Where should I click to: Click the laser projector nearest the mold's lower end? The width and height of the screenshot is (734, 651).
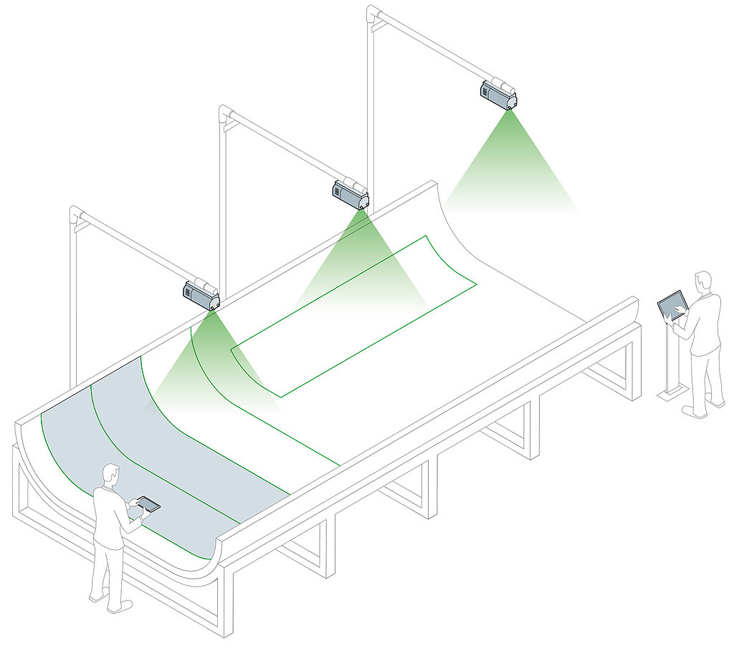click(x=201, y=294)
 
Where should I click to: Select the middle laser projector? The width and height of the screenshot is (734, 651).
click(x=350, y=193)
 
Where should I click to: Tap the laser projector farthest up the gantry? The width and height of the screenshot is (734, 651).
click(x=498, y=93)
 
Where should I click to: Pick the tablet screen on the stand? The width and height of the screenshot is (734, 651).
click(x=672, y=304)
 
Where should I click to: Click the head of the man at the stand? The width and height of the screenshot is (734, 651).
click(x=702, y=281)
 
